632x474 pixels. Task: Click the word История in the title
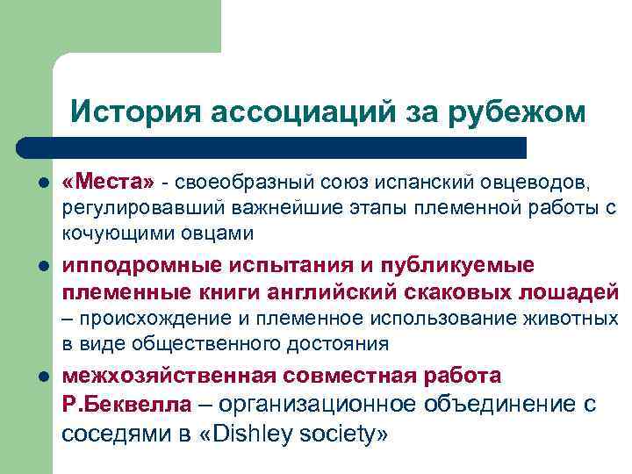(x=132, y=112)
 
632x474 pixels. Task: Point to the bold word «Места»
(x=107, y=182)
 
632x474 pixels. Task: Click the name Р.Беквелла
(x=126, y=405)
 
